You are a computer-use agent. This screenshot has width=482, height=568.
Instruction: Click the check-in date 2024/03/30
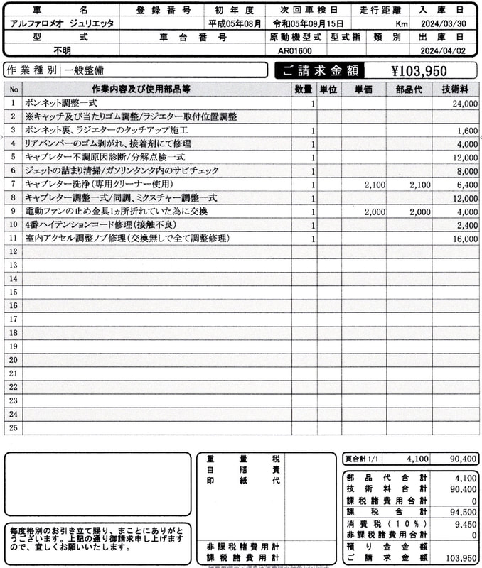[x=449, y=23]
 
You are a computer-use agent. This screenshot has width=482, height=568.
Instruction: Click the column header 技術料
[x=455, y=89]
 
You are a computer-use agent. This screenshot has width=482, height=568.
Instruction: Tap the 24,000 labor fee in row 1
[x=464, y=104]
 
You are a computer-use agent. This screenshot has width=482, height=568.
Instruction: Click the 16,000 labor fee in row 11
[x=464, y=239]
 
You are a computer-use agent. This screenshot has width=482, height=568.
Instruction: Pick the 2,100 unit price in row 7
[x=374, y=185]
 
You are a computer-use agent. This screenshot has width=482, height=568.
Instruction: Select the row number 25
[x=13, y=428]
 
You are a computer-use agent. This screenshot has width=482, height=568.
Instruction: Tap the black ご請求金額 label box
[x=319, y=70]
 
